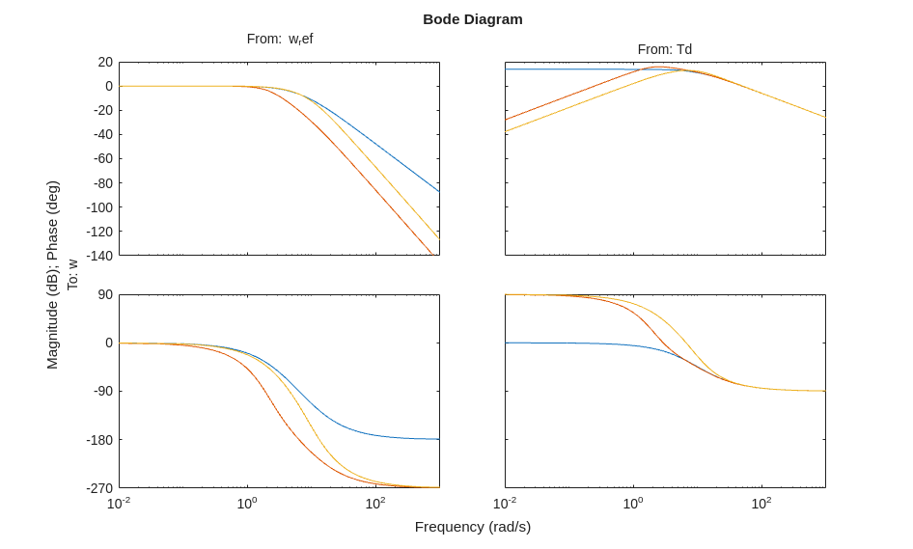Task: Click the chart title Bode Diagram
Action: click(472, 19)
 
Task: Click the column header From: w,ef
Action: click(280, 39)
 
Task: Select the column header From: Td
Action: click(664, 49)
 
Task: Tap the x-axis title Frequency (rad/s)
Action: click(472, 527)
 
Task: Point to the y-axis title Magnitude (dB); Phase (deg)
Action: click(52, 275)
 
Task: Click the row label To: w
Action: click(72, 275)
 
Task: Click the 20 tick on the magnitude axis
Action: click(104, 62)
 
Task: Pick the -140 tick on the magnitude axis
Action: click(100, 256)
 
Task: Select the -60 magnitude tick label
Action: click(102, 158)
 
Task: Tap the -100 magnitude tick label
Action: click(100, 207)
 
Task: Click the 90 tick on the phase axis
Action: click(104, 294)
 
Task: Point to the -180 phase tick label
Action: click(100, 440)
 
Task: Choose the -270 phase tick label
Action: click(100, 488)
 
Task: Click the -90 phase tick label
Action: click(102, 391)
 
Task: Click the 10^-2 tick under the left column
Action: click(119, 503)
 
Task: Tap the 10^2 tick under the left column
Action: click(374, 503)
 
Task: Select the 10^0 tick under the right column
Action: click(633, 503)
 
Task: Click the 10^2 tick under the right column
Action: click(761, 503)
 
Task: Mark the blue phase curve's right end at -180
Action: click(438, 439)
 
